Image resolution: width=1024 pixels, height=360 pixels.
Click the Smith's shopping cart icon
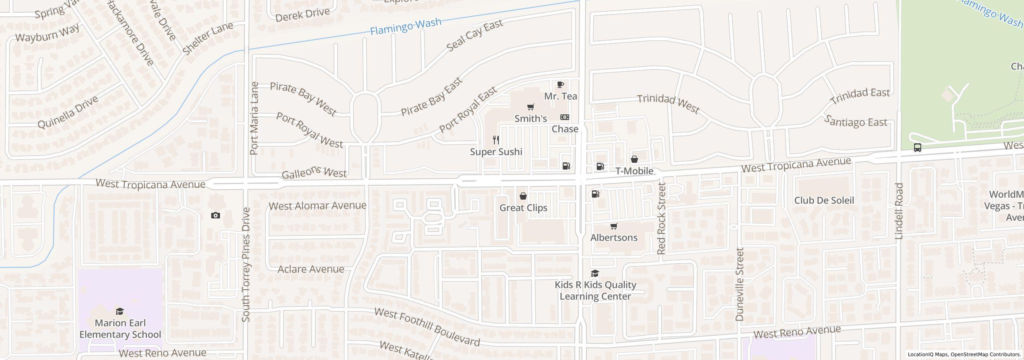(530, 107)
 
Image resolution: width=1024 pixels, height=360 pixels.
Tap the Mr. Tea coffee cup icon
(560, 85)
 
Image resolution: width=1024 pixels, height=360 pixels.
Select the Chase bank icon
(565, 117)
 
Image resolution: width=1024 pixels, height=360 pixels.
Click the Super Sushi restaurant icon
(496, 140)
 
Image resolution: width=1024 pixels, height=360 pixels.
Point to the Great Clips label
(523, 208)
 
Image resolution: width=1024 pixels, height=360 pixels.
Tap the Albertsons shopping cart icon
(614, 226)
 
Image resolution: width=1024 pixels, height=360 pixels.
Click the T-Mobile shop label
(634, 171)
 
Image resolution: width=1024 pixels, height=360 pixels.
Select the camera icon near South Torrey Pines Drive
(216, 216)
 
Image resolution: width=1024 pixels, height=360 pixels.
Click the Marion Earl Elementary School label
(120, 328)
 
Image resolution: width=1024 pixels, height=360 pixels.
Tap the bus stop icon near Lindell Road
(918, 148)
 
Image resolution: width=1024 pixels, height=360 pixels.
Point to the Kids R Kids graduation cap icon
(595, 274)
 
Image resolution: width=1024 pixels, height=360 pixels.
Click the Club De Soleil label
(824, 200)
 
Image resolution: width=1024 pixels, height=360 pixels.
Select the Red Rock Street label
(661, 218)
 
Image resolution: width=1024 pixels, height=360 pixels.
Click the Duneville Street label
(739, 284)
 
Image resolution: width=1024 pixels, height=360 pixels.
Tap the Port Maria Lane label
(254, 118)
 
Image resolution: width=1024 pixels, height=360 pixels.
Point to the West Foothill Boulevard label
(427, 327)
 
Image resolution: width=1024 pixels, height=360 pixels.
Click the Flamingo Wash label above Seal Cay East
(406, 26)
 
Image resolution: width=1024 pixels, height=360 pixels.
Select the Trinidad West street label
(668, 104)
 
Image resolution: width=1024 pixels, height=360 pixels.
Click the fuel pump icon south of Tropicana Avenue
(595, 194)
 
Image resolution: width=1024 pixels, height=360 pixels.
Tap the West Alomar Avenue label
(317, 206)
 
